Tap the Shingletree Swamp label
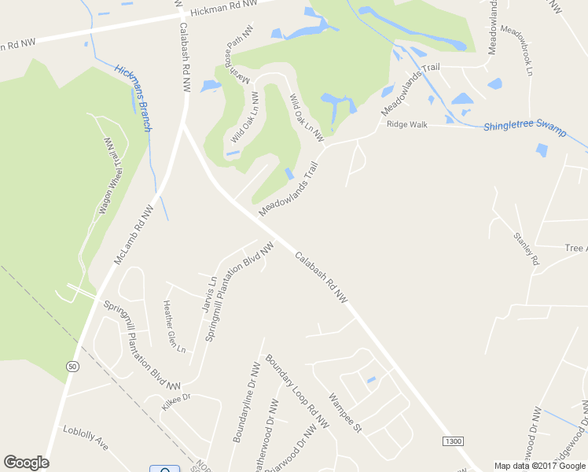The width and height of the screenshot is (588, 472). tap(524, 129)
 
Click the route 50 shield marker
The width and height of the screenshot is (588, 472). tap(72, 367)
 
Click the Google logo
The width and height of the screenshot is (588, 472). tap(26, 463)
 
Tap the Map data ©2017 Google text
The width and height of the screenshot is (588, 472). tap(540, 466)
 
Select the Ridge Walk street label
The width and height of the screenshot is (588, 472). tap(406, 124)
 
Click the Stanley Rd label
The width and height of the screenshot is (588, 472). tap(526, 248)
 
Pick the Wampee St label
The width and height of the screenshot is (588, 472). tap(345, 413)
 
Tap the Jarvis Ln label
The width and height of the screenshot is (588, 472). tap(210, 293)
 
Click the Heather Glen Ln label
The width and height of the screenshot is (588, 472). tap(174, 326)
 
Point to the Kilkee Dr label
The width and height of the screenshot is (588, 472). tap(176, 402)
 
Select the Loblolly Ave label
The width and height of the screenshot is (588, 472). tap(86, 437)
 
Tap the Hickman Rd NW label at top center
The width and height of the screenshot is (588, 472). tap(223, 6)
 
